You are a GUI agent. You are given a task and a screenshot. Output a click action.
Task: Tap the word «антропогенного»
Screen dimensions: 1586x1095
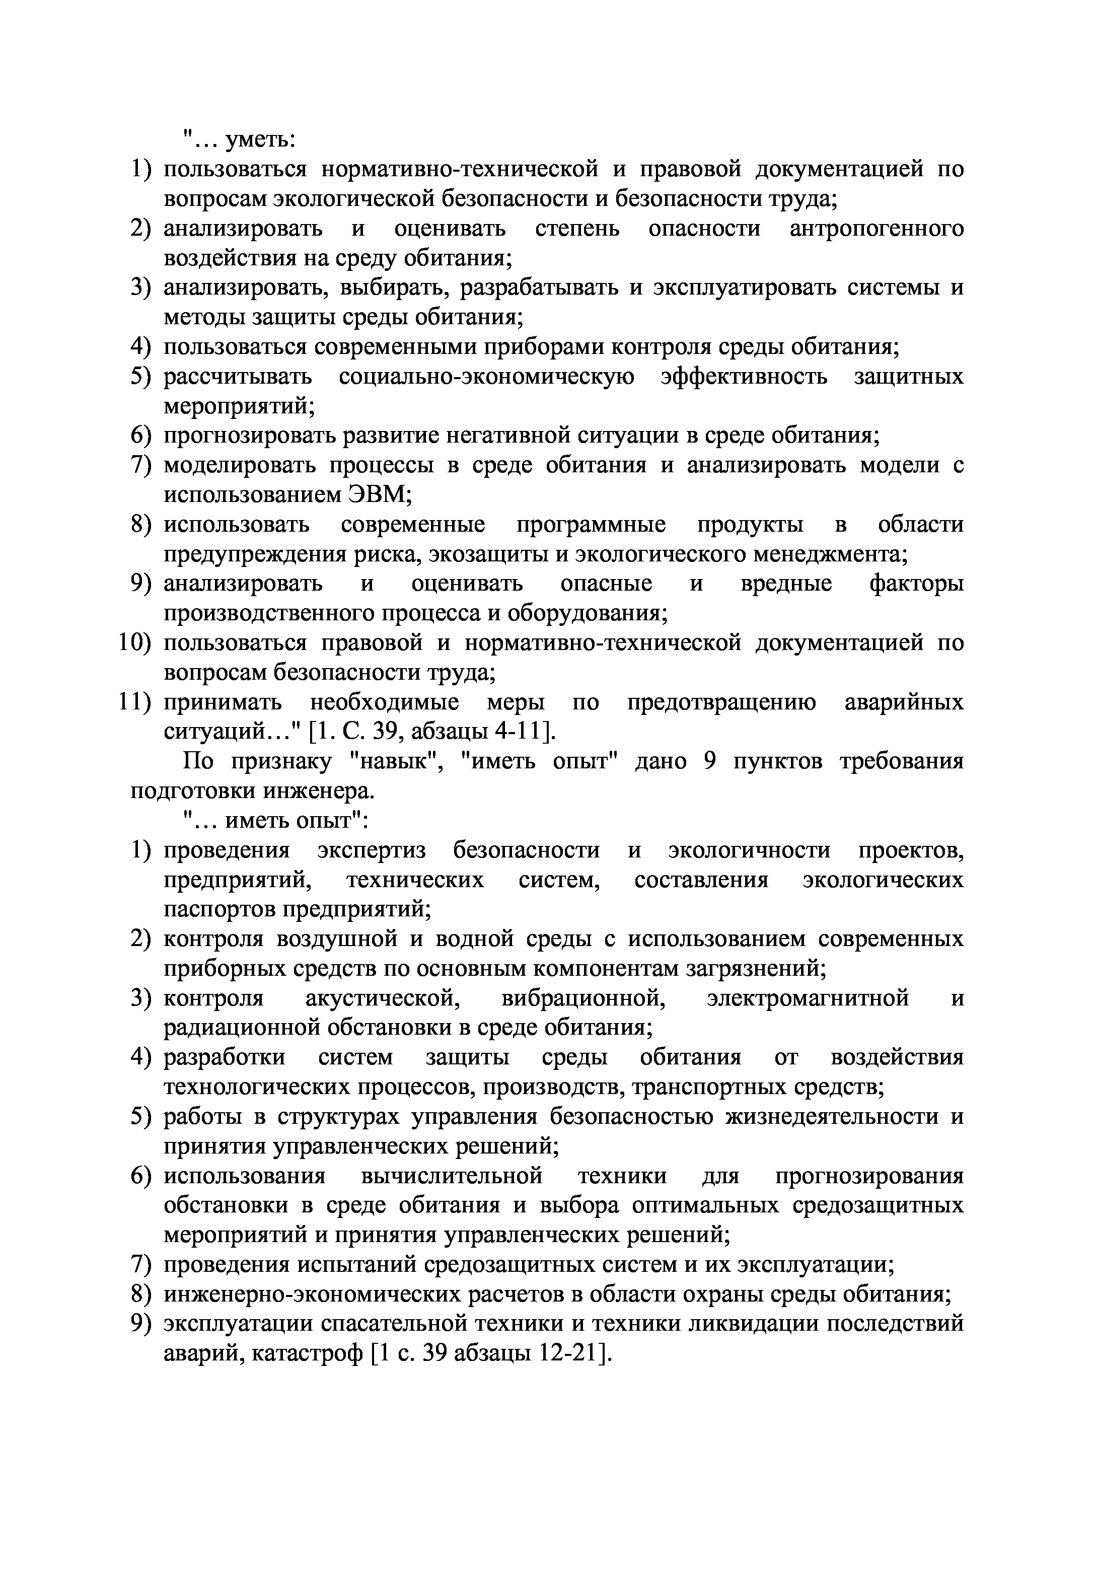pyautogui.click(x=877, y=229)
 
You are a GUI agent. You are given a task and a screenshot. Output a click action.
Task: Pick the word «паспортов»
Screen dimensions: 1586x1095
pyautogui.click(x=218, y=910)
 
